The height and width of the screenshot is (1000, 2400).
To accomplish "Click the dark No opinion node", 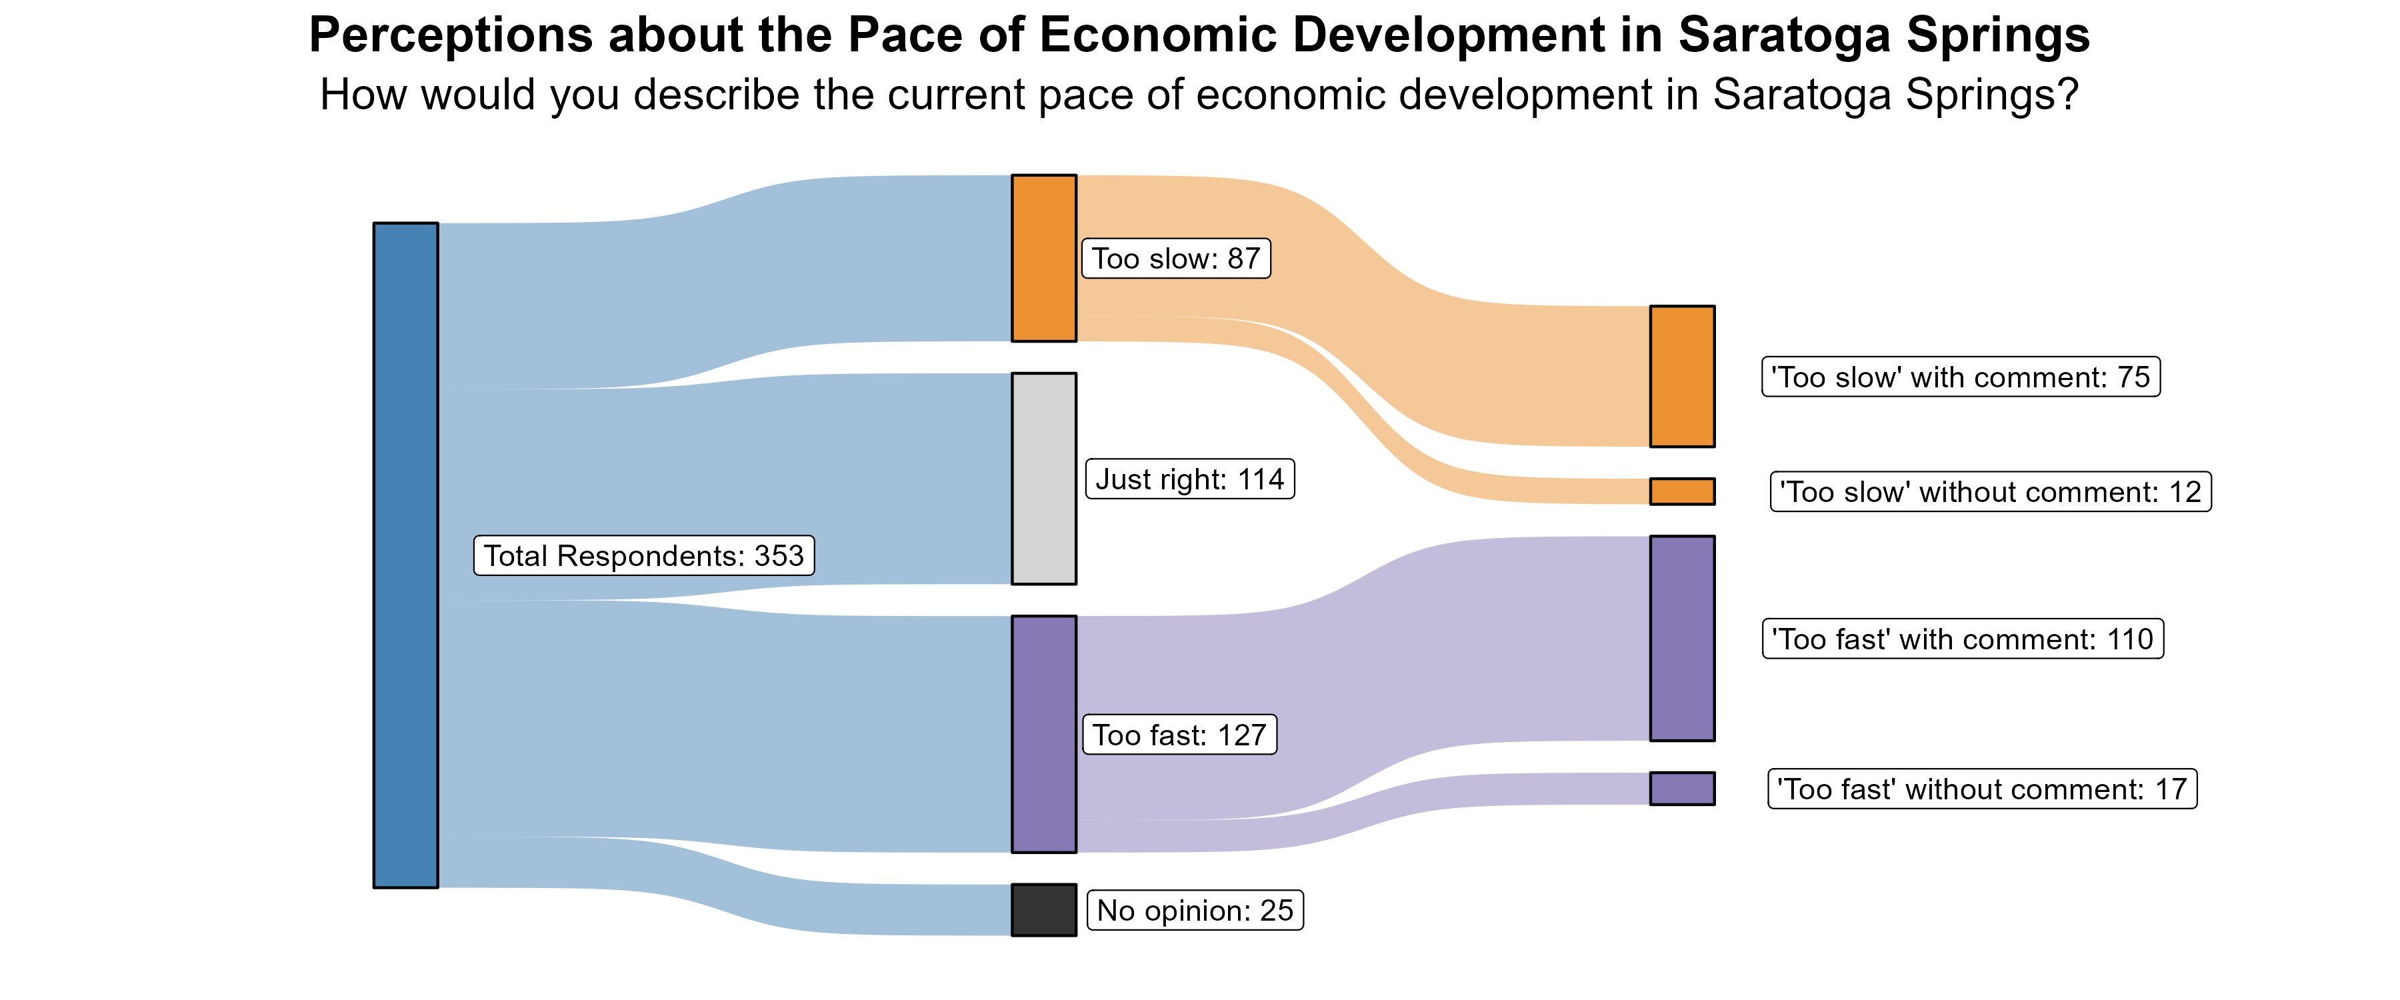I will [x=1043, y=909].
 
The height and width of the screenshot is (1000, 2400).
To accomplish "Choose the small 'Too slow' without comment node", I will [x=1682, y=491].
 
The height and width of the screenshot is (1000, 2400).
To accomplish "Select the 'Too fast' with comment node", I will [x=1682, y=639].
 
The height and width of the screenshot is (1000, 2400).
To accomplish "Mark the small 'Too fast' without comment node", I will [x=1682, y=789].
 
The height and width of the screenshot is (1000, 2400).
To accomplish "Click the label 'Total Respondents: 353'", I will [x=644, y=555].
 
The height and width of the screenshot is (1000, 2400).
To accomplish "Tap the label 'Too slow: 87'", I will [x=1176, y=258].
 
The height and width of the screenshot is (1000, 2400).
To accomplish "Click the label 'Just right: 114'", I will [x=1190, y=479].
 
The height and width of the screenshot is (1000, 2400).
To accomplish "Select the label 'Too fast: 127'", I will [x=1179, y=735].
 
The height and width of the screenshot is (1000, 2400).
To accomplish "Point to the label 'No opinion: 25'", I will [x=1195, y=911].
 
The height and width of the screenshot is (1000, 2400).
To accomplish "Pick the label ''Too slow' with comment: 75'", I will [x=1960, y=377].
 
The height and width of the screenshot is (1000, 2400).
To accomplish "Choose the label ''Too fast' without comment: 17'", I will [x=1982, y=789].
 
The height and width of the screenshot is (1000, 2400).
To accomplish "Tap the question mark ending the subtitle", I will [x=2068, y=95].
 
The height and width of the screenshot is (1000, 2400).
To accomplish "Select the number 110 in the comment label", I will [x=2130, y=639].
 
